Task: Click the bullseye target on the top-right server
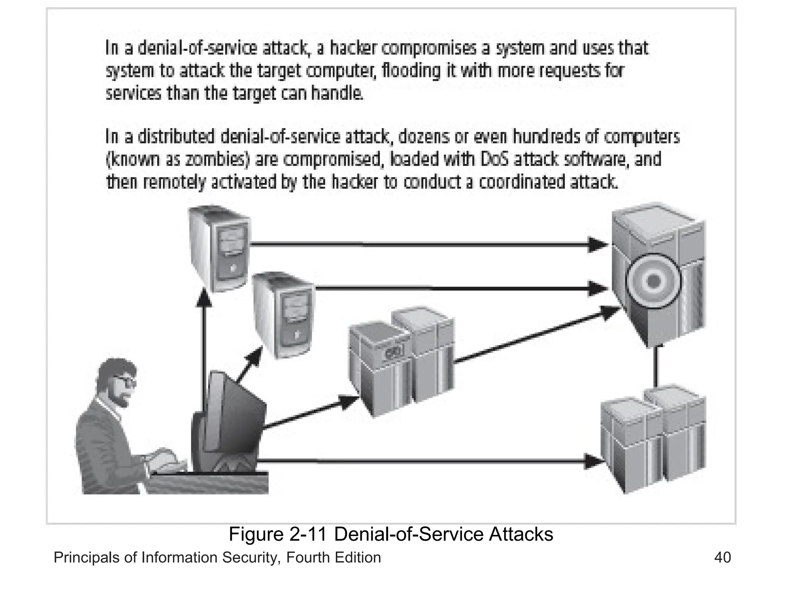point(653,281)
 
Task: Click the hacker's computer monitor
point(234,418)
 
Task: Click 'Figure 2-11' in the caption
point(278,534)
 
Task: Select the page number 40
point(722,558)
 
